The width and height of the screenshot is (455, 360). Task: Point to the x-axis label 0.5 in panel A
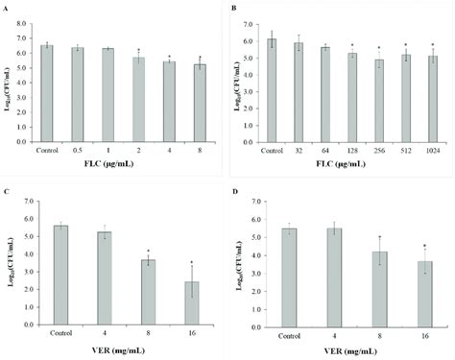tap(77, 150)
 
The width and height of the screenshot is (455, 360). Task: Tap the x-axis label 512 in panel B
tap(405, 150)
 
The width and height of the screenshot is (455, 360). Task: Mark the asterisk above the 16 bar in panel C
tap(164, 262)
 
